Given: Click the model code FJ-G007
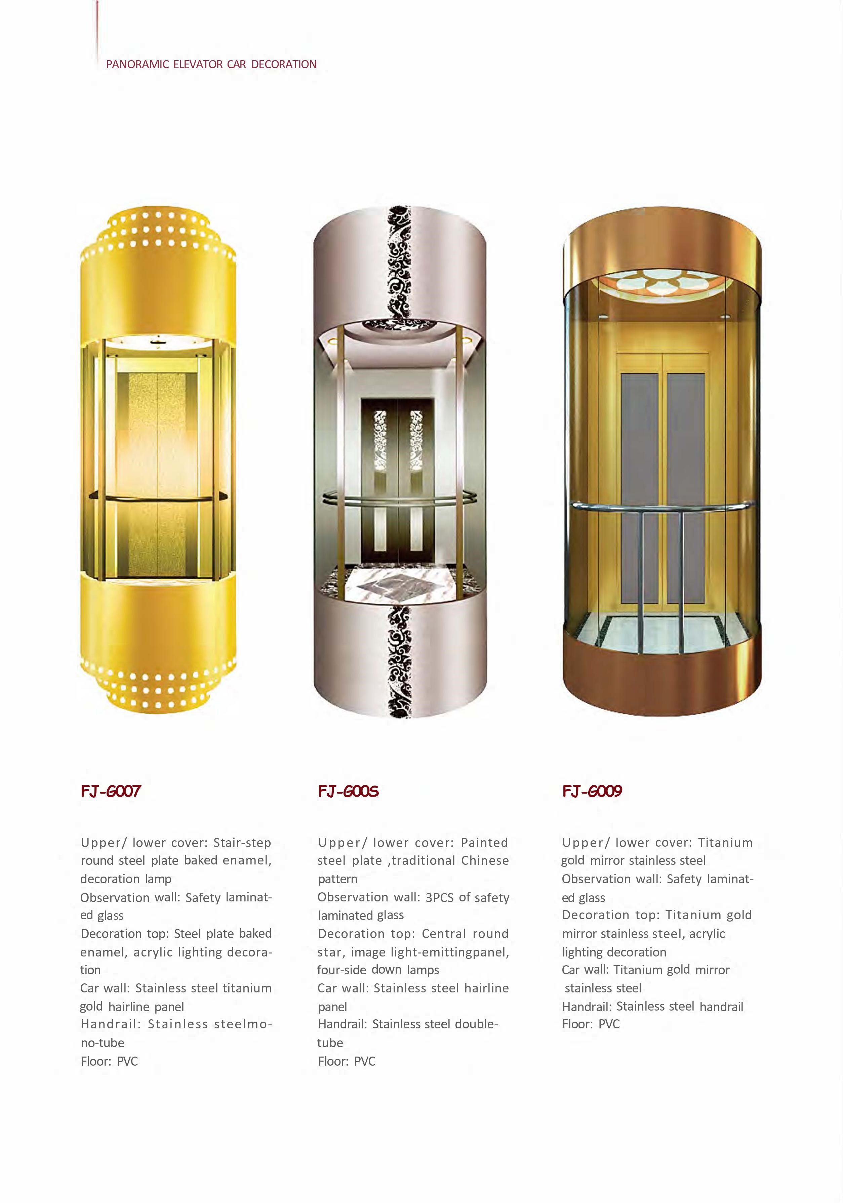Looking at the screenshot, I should [111, 791].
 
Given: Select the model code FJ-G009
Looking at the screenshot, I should [592, 791].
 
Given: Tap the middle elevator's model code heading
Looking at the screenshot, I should [348, 791].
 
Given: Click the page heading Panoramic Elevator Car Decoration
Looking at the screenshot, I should [211, 64].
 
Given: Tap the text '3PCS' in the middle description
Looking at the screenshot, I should [439, 897].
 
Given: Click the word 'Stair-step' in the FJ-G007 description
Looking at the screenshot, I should [242, 843].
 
